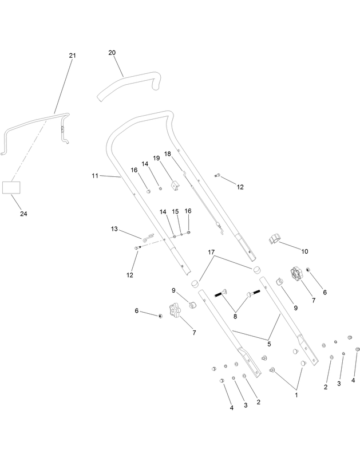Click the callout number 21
pos(72,56)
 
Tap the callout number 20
pos(112,53)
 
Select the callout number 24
pos(23,214)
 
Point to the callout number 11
pos(95,176)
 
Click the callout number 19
pos(156,158)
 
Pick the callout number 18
pos(168,154)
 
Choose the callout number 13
pos(114,229)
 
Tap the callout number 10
pos(304,251)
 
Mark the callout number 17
pos(211,252)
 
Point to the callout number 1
pos(296,395)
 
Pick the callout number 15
pos(176,211)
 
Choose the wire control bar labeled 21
pos(34,122)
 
